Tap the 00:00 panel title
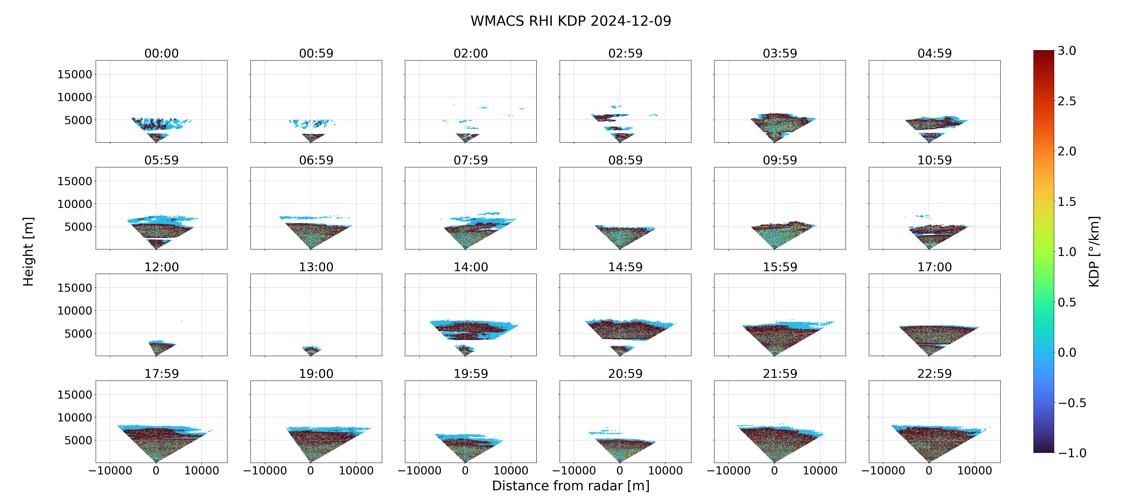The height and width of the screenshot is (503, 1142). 161,54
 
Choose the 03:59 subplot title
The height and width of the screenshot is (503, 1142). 780,54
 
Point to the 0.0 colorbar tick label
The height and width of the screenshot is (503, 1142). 1067,353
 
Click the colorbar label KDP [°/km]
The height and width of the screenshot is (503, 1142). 1094,251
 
